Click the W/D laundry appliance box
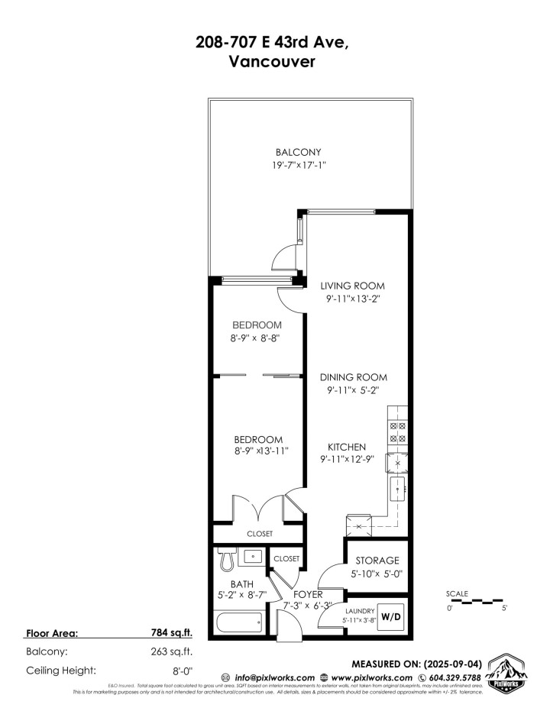coord(390,616)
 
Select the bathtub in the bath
coord(238,622)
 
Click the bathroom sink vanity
coord(251,556)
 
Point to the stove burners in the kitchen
coord(399,433)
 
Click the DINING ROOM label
coord(353,377)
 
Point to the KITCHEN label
coord(348,447)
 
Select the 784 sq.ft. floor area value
coord(173,633)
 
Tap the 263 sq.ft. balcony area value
coord(173,651)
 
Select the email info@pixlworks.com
coord(273,677)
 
